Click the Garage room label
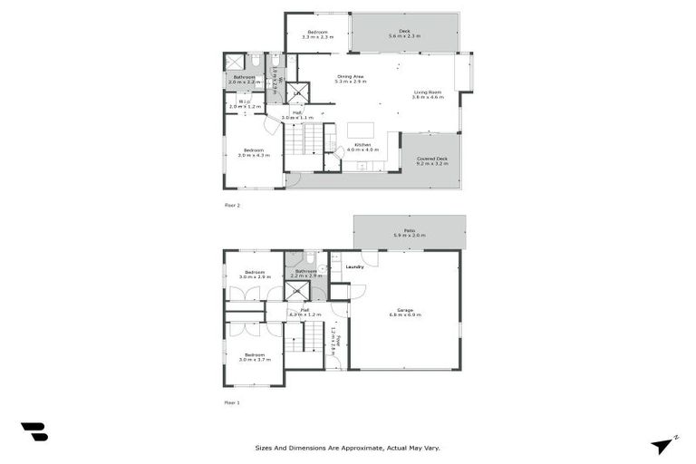click(x=405, y=312)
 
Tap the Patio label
click(x=410, y=233)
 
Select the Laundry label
click(x=354, y=266)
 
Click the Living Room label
click(x=429, y=94)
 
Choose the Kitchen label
click(x=362, y=147)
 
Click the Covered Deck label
click(x=432, y=161)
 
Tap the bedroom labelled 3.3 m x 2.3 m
click(x=317, y=34)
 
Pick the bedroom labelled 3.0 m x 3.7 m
click(x=254, y=357)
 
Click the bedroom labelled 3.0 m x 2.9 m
click(x=254, y=274)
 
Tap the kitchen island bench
click(x=360, y=129)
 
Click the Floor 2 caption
click(x=233, y=206)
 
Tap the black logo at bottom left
click(x=34, y=432)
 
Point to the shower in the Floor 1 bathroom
click(x=297, y=291)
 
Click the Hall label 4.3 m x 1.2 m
click(x=305, y=312)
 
